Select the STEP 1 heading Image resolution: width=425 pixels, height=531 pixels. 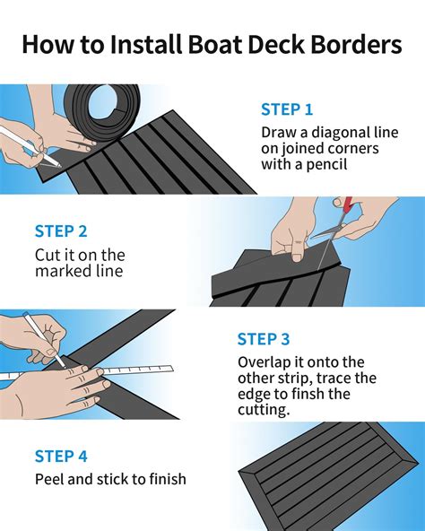click(287, 109)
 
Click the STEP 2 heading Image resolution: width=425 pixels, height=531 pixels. click(61, 231)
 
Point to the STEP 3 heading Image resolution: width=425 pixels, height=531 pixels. click(264, 339)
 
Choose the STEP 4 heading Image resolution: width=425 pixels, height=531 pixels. click(61, 457)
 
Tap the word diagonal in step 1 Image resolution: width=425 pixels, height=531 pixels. click(341, 132)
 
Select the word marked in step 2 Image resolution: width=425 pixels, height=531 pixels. click(59, 271)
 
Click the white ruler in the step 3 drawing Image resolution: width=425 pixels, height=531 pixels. click(87, 372)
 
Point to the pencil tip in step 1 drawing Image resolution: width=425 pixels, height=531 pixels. click(60, 166)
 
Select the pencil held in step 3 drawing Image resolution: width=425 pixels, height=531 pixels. click(44, 340)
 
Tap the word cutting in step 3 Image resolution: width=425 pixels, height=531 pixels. click(264, 410)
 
